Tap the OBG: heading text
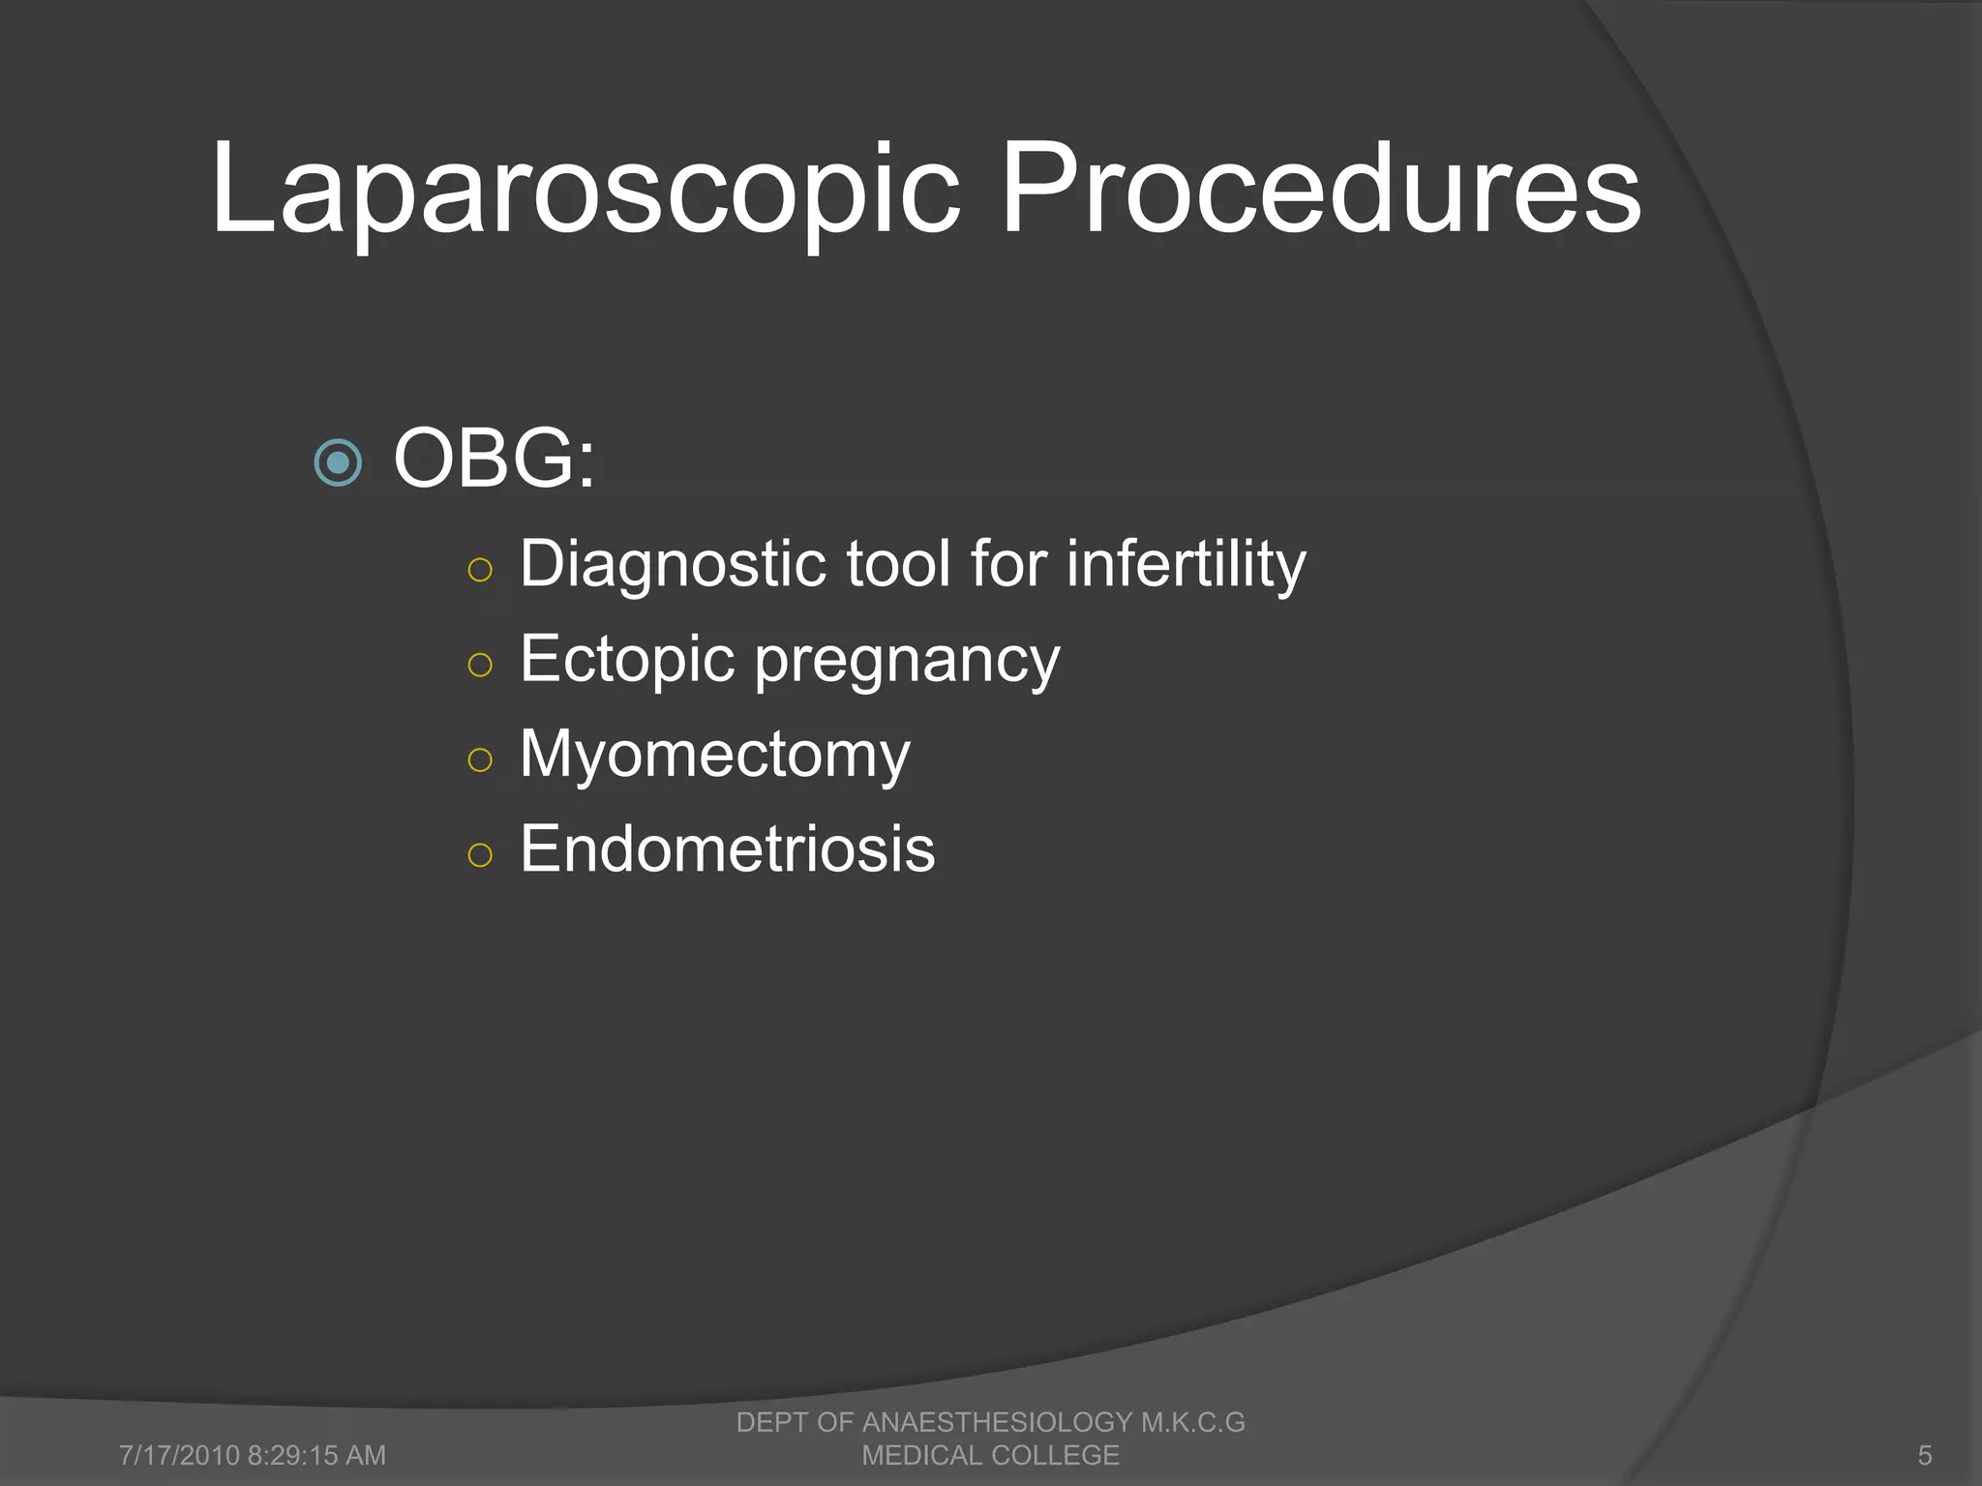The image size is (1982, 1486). (494, 459)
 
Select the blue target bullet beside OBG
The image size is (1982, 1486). (339, 463)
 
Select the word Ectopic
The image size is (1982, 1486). (627, 660)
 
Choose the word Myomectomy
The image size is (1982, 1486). (714, 755)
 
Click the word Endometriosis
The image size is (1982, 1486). (727, 849)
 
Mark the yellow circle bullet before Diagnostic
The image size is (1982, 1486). (480, 570)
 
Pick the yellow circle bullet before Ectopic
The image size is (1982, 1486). (480, 665)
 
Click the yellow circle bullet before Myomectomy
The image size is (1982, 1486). (480, 759)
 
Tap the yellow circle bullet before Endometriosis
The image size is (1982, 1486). (480, 854)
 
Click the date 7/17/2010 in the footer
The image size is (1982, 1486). (179, 1455)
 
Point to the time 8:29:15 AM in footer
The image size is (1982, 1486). (316, 1455)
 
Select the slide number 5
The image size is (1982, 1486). (1925, 1455)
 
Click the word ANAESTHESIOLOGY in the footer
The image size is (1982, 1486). (997, 1422)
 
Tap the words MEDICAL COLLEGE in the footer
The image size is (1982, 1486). (990, 1455)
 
